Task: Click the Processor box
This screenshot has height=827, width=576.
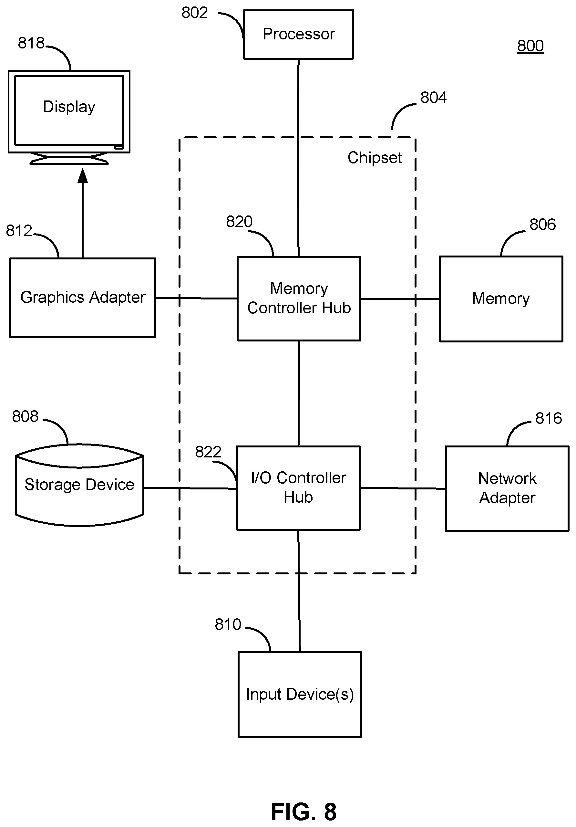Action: (298, 35)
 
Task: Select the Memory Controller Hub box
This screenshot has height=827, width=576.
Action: (299, 298)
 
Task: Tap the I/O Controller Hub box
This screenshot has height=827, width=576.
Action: (298, 488)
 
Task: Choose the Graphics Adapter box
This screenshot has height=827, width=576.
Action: (82, 298)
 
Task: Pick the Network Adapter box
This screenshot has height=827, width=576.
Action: (507, 489)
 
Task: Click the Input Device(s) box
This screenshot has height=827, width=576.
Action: (300, 695)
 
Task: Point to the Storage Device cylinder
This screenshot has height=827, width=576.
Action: (79, 485)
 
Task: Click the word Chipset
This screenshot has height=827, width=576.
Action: (375, 158)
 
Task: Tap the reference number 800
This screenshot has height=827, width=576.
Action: (530, 46)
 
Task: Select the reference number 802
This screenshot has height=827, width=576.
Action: (194, 13)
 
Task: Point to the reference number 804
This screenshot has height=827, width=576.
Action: (433, 98)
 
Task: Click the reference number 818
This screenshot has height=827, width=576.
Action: (31, 43)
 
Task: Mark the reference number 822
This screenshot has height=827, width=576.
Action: (208, 452)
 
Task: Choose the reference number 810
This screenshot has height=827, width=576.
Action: (228, 624)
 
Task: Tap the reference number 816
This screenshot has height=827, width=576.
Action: (549, 418)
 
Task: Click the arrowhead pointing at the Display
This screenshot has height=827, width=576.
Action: (83, 175)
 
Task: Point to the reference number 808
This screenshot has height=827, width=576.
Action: (25, 416)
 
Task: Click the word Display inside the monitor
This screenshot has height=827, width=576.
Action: (69, 107)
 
